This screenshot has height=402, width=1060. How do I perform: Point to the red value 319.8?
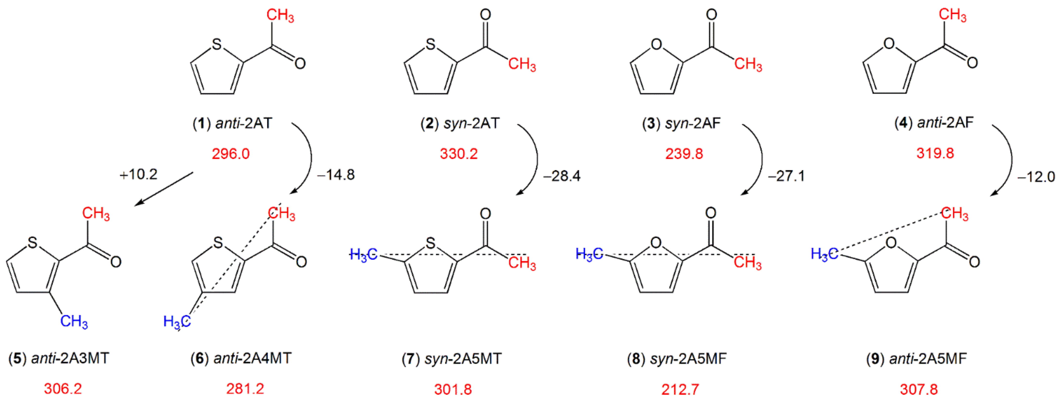(x=935, y=153)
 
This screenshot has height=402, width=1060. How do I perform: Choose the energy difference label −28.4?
(x=562, y=176)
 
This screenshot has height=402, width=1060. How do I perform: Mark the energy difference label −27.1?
(x=786, y=176)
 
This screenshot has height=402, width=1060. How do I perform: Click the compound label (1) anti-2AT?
(x=233, y=123)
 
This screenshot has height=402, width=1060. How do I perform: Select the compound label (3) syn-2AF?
(x=681, y=123)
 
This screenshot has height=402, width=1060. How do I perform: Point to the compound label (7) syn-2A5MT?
(x=452, y=359)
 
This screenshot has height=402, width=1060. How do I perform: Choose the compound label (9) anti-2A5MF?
(x=916, y=359)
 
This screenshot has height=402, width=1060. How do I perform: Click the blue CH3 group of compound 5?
(x=74, y=321)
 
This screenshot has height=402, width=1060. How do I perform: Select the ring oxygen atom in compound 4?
(x=889, y=43)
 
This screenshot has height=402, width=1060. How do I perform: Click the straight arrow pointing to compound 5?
(x=164, y=188)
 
